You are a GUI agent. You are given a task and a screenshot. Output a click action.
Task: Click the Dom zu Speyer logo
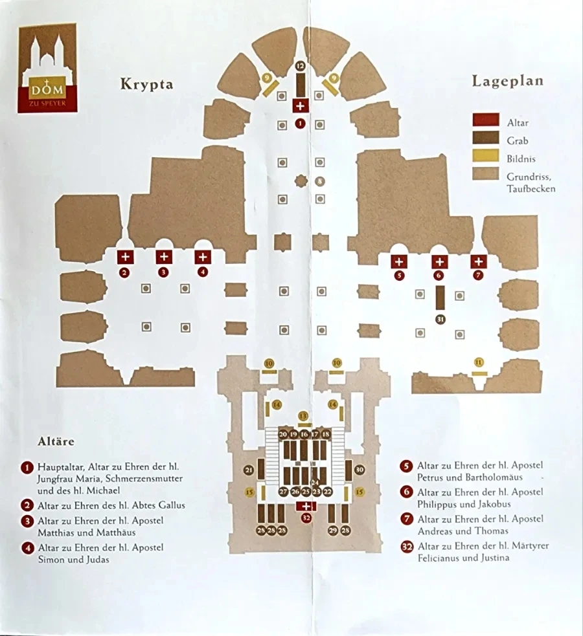point(47,68)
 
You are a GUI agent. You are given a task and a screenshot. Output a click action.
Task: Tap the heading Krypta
point(146,84)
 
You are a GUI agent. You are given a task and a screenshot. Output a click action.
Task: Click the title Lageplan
point(507,81)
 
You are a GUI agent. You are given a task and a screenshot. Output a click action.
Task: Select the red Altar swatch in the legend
point(485,120)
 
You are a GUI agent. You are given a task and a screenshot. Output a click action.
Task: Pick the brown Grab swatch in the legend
point(485,138)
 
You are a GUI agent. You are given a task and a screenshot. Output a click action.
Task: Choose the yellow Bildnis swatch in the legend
point(485,155)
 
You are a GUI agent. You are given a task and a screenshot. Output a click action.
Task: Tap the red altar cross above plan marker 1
point(300,106)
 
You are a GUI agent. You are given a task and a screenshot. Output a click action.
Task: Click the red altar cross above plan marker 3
point(163,257)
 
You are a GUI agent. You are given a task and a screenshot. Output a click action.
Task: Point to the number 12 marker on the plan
point(300,66)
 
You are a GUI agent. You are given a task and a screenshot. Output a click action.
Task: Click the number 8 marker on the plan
point(319,181)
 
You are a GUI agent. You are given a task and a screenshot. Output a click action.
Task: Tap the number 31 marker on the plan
point(440,319)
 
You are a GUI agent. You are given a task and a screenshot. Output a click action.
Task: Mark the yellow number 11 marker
point(479,362)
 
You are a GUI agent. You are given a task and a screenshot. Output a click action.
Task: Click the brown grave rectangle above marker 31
point(440,298)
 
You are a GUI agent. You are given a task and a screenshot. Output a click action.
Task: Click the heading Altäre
point(56,442)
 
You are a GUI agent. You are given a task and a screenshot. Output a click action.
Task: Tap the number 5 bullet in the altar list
point(406,466)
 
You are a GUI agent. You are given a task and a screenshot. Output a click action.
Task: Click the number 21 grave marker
point(248,470)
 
